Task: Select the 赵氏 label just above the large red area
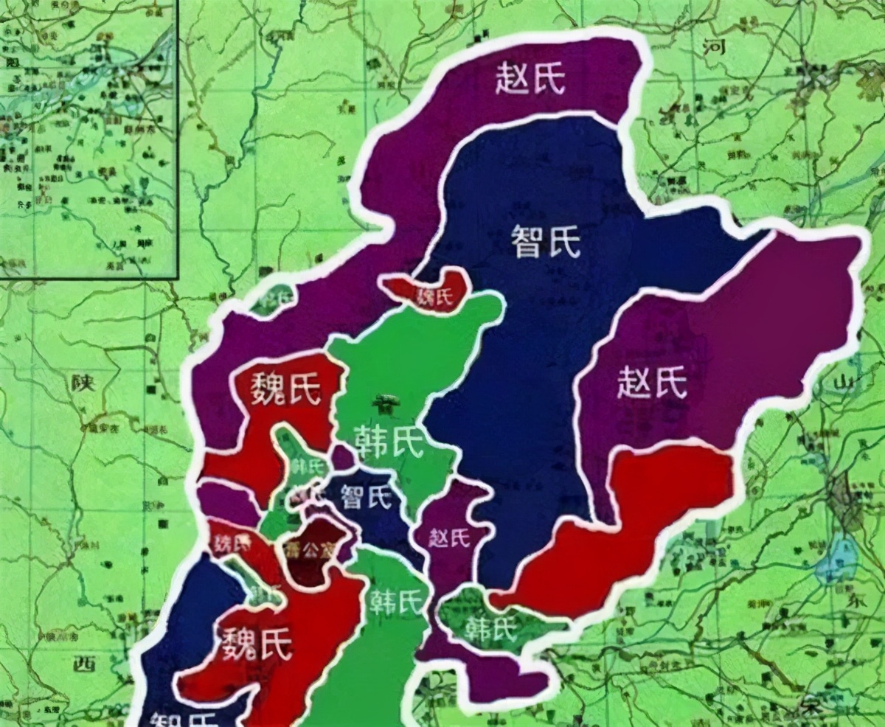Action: point(651,383)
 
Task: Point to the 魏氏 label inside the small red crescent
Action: point(434,297)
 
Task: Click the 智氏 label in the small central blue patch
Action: point(365,498)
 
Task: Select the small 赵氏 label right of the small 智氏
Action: point(449,538)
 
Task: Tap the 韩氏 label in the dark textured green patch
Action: point(488,628)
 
